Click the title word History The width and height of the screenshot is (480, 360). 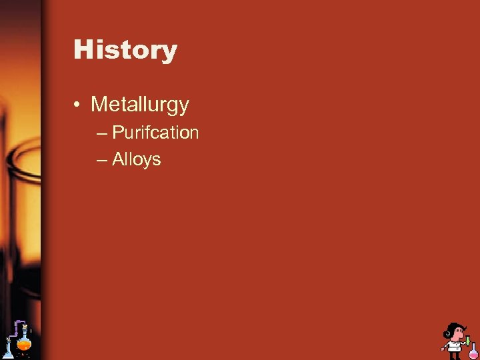point(125,51)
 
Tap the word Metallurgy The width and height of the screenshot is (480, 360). point(140,105)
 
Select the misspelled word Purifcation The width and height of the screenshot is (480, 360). point(155,133)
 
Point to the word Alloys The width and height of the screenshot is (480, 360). point(137,159)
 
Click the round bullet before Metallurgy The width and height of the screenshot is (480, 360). point(78,105)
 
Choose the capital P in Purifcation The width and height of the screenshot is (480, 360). point(117,133)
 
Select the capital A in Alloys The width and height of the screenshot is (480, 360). point(118,159)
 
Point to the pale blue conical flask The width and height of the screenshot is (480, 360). point(7,349)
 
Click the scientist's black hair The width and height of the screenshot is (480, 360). point(449,328)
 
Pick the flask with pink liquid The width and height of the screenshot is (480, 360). point(473,353)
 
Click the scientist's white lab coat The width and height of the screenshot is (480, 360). point(453,347)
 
